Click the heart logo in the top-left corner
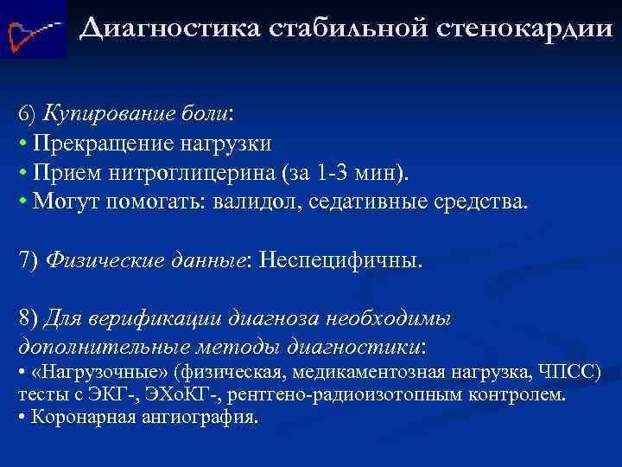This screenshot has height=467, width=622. tap(33, 29)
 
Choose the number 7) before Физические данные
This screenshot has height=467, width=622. tap(29, 259)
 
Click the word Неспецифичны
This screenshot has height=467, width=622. tap(341, 259)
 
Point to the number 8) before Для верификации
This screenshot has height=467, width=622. tap(29, 317)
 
